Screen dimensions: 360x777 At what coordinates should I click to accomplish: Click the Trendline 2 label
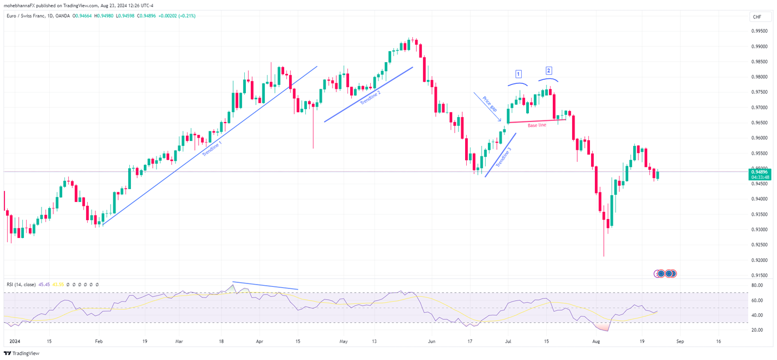[371, 98]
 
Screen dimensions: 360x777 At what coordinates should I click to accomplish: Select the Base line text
[537, 125]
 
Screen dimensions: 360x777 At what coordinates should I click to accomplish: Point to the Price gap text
[490, 104]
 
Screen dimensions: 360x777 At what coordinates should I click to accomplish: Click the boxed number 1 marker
[518, 74]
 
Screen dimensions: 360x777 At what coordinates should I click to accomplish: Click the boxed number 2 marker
[548, 70]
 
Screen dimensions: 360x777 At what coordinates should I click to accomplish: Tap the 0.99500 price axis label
[760, 31]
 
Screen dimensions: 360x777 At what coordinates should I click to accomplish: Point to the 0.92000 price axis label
[760, 260]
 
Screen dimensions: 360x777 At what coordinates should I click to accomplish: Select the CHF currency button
[757, 17]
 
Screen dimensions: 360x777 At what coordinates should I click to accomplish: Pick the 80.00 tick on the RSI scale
[757, 286]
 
